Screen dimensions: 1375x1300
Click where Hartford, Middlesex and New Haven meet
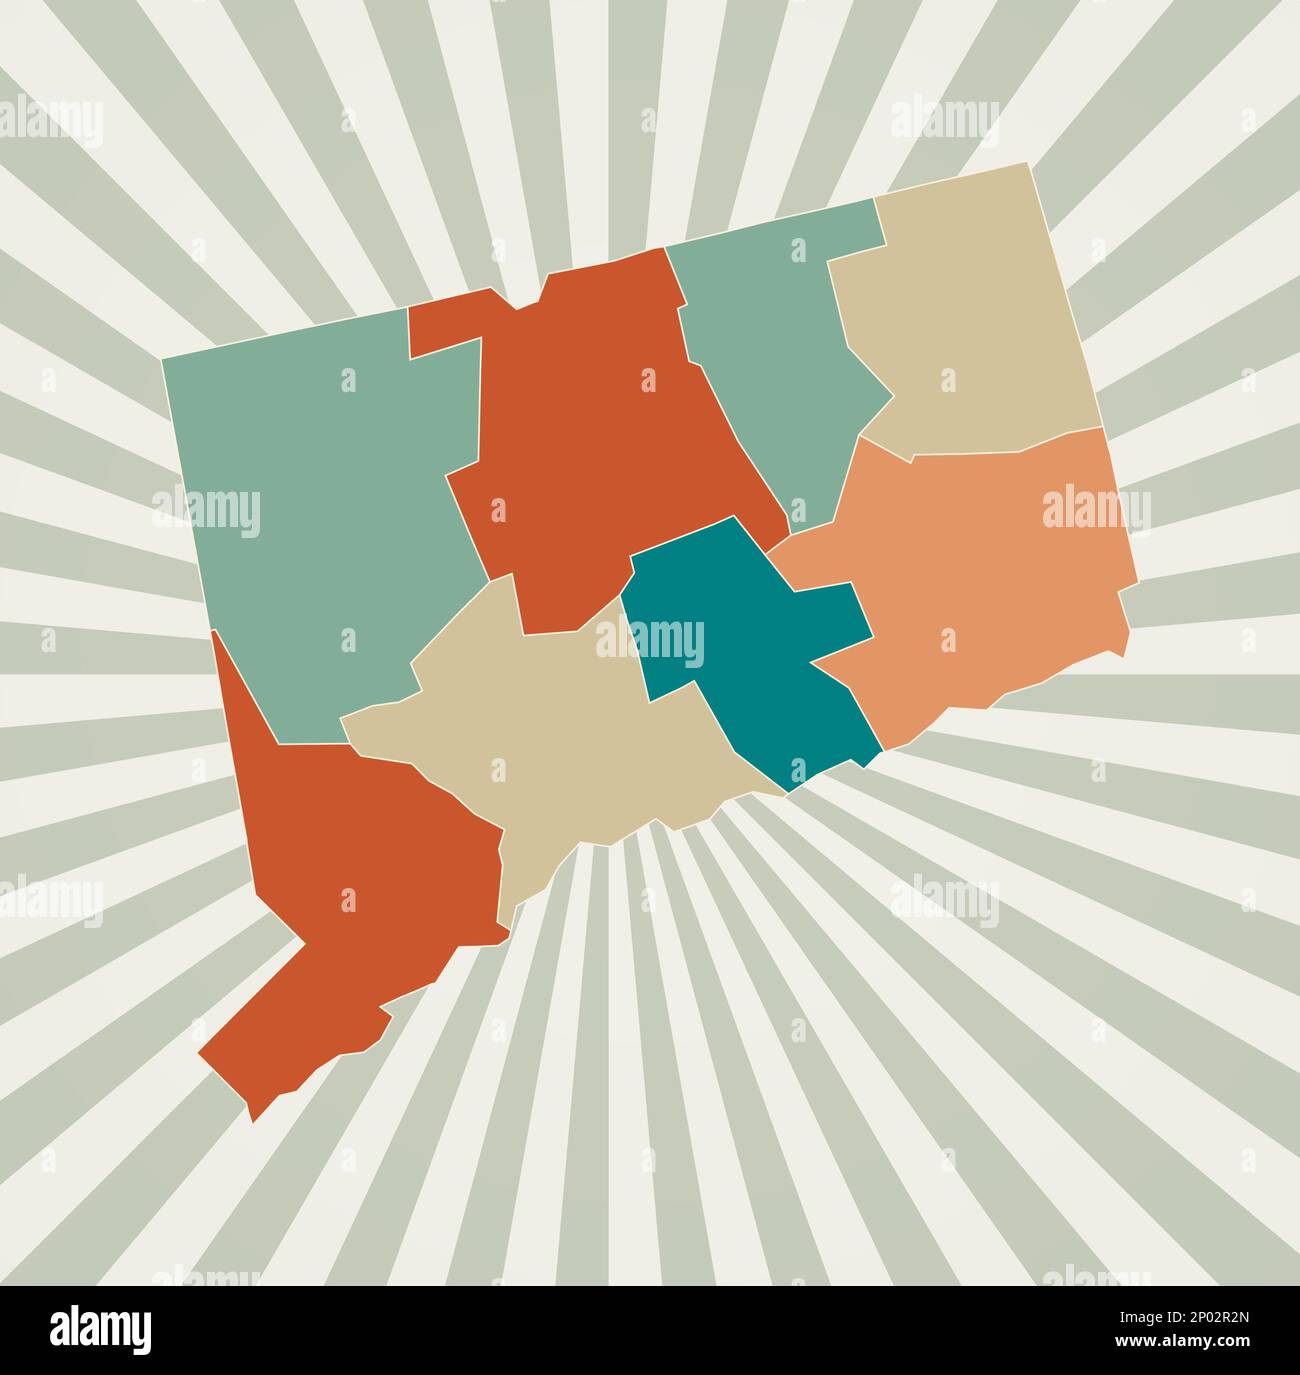(621, 597)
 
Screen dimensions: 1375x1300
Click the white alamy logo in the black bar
(101, 1330)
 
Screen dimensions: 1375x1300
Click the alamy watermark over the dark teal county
(650, 640)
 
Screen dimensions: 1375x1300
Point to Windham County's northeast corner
(1027, 163)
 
